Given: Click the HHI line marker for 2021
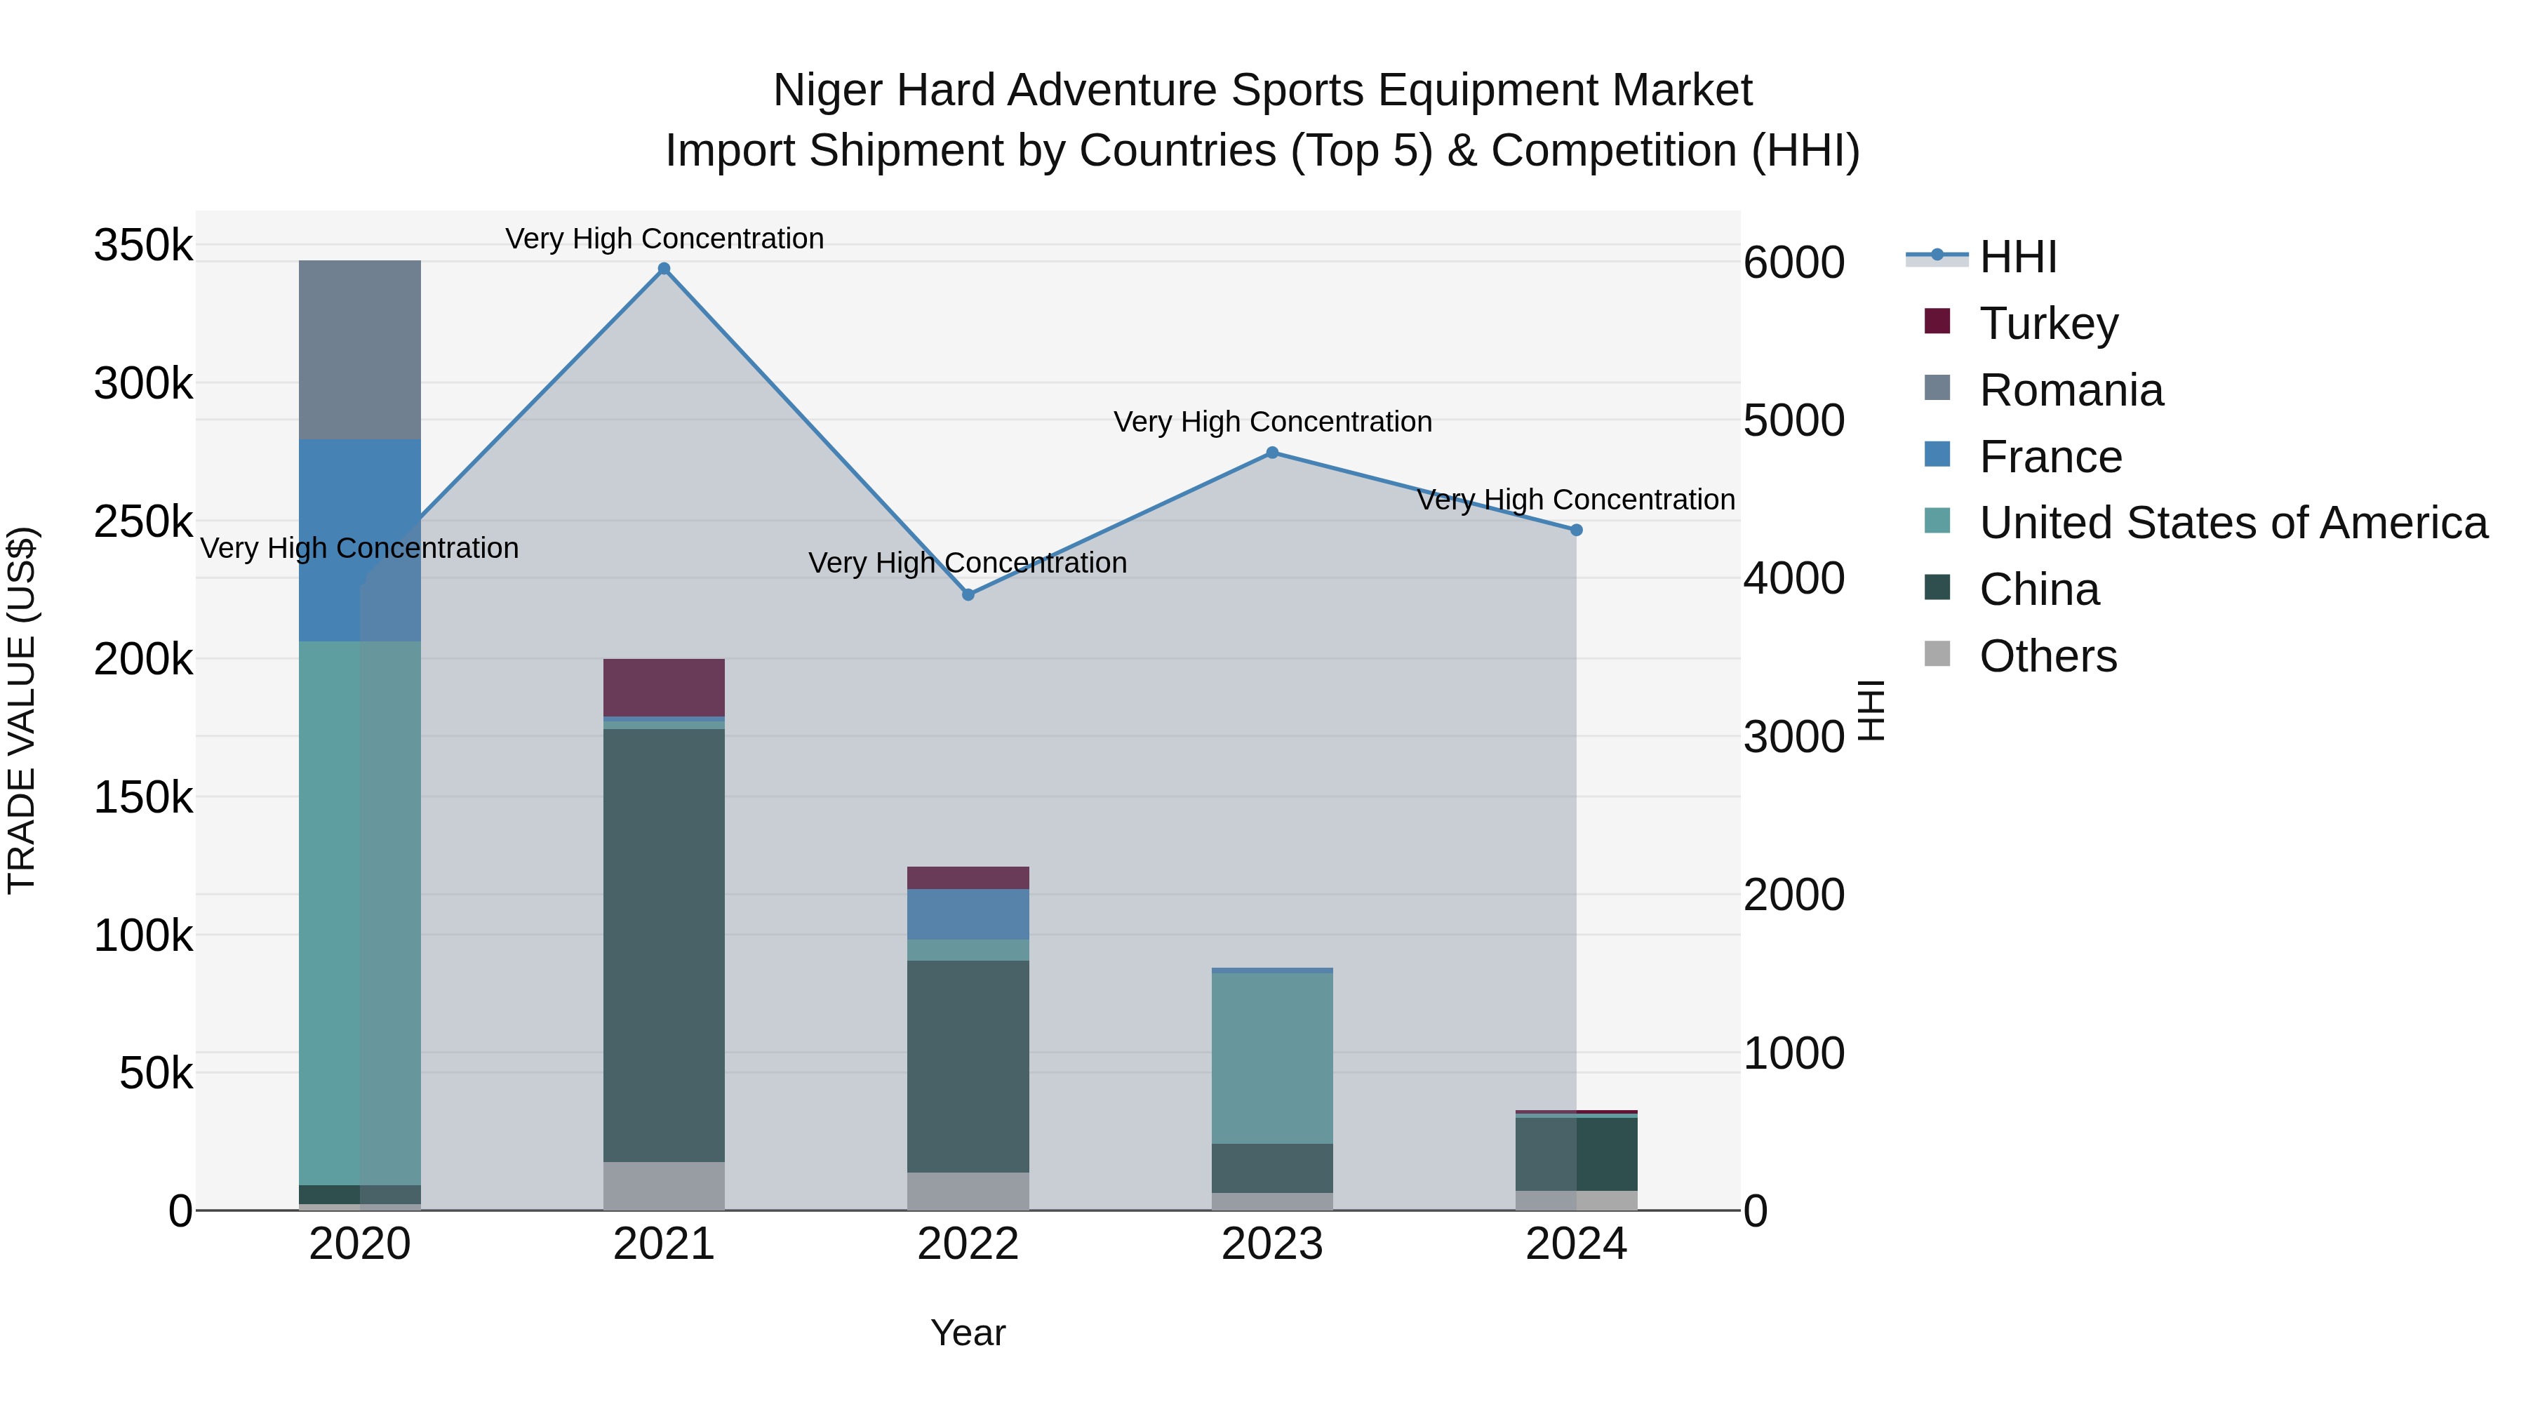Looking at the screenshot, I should click(x=664, y=269).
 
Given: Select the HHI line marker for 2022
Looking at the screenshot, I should click(x=968, y=594).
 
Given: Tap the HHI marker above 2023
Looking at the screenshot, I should click(x=1272, y=452).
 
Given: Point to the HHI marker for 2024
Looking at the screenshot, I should click(x=1576, y=530).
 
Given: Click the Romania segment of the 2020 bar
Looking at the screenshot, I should click(x=360, y=349).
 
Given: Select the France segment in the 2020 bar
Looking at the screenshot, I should click(x=360, y=540).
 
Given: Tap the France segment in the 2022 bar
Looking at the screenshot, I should click(x=968, y=914).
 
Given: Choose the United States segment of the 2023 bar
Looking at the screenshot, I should click(x=1272, y=1058).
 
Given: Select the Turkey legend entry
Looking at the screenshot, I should click(x=2047, y=323).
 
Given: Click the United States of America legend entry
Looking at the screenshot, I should click(x=2232, y=523).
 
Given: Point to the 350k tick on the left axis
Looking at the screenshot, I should click(x=143, y=245).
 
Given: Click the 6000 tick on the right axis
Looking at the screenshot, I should click(x=1793, y=263).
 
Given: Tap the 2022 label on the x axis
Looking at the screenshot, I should click(x=968, y=1244).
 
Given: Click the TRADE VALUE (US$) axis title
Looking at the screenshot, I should click(x=22, y=710).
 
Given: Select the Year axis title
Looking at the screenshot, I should click(x=968, y=1333).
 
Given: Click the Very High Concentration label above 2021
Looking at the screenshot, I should click(x=664, y=239).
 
